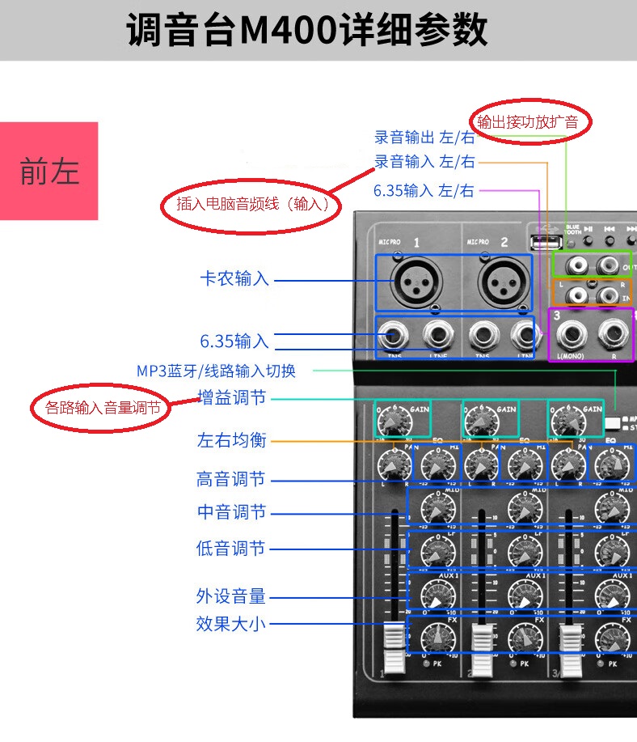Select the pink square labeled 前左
[x=49, y=171]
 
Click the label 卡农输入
[x=234, y=279]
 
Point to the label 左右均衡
[x=232, y=441]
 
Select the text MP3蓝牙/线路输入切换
[x=216, y=371]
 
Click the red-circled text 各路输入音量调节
[x=103, y=409]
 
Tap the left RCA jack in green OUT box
[x=575, y=264]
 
